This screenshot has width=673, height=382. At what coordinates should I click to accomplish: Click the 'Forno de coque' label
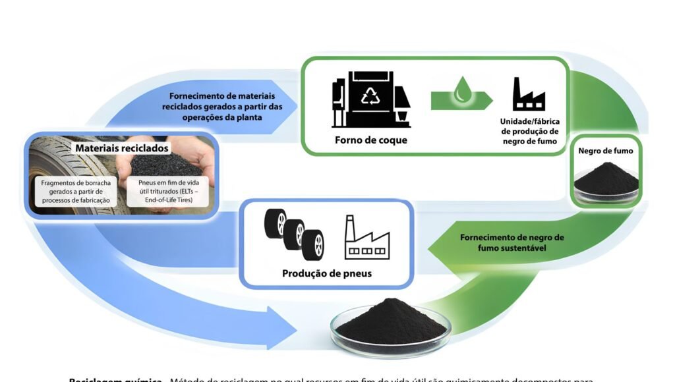[370, 140]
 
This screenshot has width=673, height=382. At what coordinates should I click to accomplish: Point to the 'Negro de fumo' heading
[606, 151]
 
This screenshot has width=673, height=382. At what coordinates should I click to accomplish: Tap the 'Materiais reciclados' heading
[122, 148]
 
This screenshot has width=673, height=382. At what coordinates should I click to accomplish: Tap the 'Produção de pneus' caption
[327, 273]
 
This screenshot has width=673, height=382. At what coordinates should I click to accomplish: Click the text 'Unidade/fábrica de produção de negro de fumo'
[530, 131]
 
